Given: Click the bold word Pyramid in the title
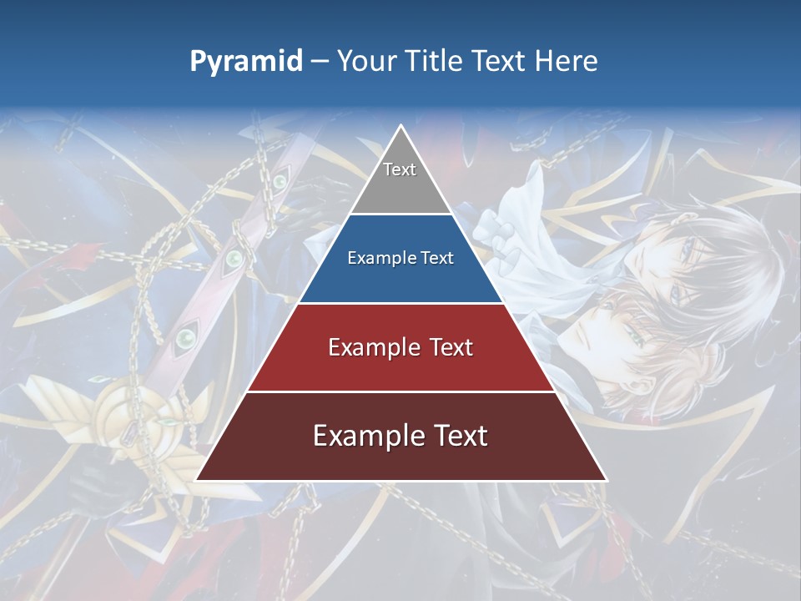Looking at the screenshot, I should point(246,61).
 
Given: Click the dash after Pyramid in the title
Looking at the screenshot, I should point(320,62).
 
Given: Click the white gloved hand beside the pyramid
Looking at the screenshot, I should point(496,234).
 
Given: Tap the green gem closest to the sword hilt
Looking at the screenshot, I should point(184,338).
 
